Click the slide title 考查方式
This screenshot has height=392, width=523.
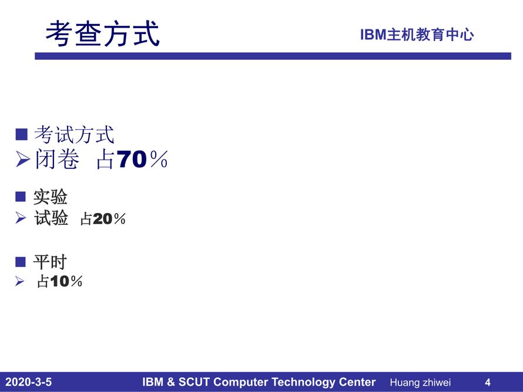pyautogui.click(x=102, y=33)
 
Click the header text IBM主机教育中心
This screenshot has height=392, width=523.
pyautogui.click(x=417, y=35)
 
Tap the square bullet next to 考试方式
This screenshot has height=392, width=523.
pyautogui.click(x=21, y=134)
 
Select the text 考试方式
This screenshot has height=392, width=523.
pyautogui.click(x=75, y=134)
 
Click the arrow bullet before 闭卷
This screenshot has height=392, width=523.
pyautogui.click(x=23, y=159)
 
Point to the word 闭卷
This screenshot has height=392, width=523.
pyautogui.click(x=58, y=159)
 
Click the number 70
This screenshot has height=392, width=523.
pyautogui.click(x=132, y=159)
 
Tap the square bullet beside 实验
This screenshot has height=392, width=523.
pyautogui.click(x=21, y=197)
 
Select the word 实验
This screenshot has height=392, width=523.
pyautogui.click(x=51, y=197)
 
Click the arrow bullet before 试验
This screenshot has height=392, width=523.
pyautogui.click(x=21, y=218)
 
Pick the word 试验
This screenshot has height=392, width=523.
pyautogui.click(x=51, y=218)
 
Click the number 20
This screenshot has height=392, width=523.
pyautogui.click(x=103, y=219)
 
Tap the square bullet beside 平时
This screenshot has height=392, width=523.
pyautogui.click(x=21, y=262)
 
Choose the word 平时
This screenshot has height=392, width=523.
pyautogui.click(x=50, y=262)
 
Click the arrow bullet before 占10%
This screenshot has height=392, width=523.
pyautogui.click(x=19, y=282)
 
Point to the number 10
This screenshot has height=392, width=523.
pyautogui.click(x=60, y=282)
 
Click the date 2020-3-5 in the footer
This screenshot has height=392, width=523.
pyautogui.click(x=28, y=382)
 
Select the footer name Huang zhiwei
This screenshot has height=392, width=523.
pyautogui.click(x=420, y=383)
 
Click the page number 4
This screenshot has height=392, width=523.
pyautogui.click(x=488, y=382)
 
